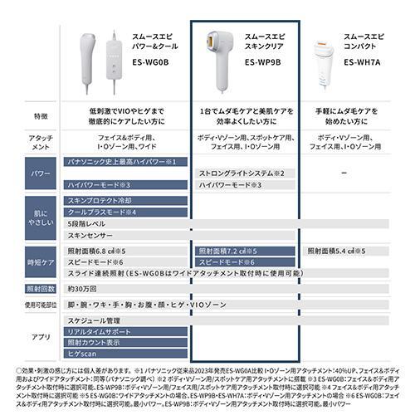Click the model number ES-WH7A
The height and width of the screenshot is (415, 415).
[x=363, y=61]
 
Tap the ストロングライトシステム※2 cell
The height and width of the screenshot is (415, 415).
[x=241, y=173]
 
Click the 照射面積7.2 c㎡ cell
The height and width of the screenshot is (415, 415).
[x=228, y=250]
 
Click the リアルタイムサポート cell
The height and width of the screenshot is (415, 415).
[x=98, y=331]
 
